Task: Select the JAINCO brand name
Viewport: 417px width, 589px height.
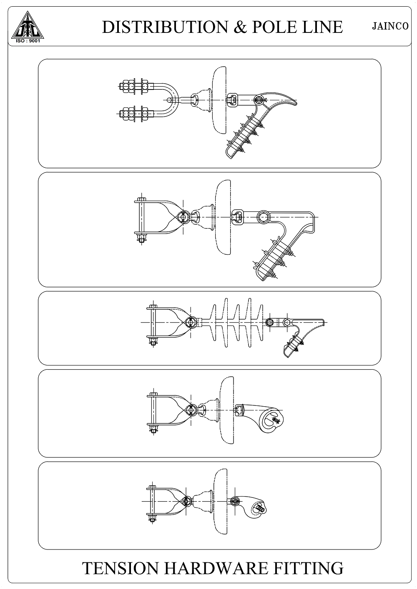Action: click(390, 26)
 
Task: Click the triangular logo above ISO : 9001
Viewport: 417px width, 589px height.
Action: click(28, 25)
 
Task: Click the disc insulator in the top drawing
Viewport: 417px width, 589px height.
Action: click(219, 100)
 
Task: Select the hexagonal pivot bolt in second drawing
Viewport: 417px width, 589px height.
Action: click(263, 217)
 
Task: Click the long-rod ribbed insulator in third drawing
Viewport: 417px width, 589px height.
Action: click(232, 322)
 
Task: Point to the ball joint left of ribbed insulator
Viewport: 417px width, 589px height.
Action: click(190, 322)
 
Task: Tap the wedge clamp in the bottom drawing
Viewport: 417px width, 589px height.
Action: click(250, 506)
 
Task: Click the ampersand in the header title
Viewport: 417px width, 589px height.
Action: click(239, 27)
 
